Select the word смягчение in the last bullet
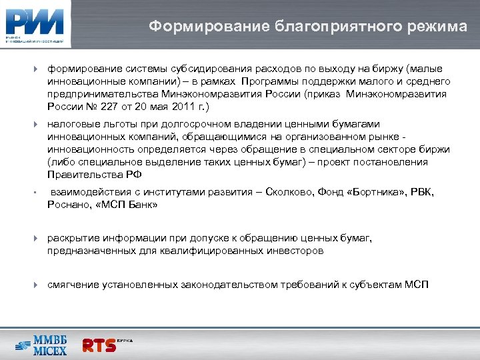[x=73, y=285]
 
